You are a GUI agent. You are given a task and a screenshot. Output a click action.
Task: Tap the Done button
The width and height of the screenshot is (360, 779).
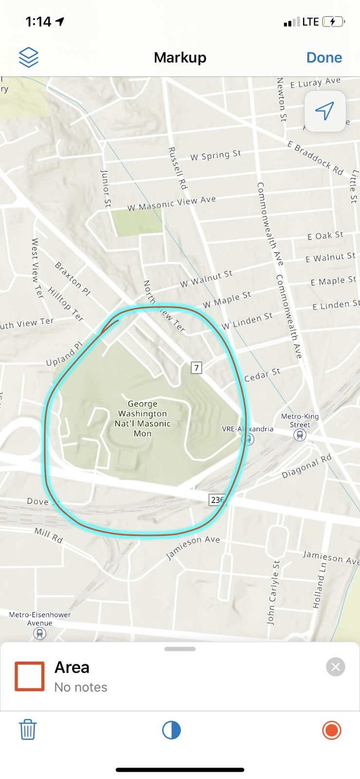(x=324, y=57)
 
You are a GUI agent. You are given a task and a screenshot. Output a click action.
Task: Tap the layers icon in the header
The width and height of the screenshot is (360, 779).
(x=29, y=57)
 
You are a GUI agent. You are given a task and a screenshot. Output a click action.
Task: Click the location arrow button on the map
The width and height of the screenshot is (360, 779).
(x=325, y=111)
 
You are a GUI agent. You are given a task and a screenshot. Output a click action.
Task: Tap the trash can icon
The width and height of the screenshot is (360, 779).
(x=28, y=730)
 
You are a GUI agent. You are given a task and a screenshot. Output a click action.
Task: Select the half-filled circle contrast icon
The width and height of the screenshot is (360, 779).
(x=171, y=730)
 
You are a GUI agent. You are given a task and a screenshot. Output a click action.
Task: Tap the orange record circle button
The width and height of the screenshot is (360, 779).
(x=332, y=730)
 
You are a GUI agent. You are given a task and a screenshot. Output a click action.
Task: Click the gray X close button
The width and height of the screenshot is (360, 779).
(x=336, y=667)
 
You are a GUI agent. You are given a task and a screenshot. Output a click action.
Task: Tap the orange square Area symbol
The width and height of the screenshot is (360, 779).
(x=30, y=676)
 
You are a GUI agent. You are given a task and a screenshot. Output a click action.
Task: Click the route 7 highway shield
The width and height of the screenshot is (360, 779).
(x=196, y=368)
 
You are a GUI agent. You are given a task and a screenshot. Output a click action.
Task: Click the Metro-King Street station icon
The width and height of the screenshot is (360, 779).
(x=300, y=435)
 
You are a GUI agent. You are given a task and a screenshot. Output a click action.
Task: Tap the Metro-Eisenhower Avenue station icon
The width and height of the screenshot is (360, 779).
(x=40, y=633)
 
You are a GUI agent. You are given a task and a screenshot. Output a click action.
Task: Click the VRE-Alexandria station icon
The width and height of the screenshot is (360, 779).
(x=248, y=439)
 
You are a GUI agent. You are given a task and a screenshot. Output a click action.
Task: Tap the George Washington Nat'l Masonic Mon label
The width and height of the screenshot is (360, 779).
(x=143, y=418)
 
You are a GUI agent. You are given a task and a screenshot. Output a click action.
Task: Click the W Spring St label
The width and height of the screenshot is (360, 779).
(x=215, y=155)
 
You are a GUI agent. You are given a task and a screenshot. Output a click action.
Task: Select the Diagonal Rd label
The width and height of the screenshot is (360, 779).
(x=306, y=466)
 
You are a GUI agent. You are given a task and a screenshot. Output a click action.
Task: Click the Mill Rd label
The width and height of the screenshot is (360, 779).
(x=49, y=535)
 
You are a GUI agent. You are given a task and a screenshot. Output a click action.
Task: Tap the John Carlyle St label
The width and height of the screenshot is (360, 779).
(x=273, y=593)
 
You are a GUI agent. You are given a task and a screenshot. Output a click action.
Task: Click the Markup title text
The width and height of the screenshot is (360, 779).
(x=180, y=57)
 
